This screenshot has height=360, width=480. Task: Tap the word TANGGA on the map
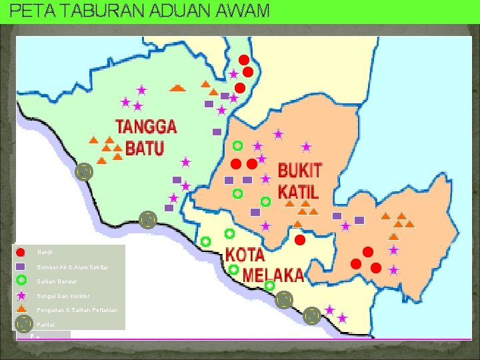coord(145,127)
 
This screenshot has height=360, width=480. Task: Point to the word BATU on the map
coord(145,147)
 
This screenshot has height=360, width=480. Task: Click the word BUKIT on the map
coord(299,171)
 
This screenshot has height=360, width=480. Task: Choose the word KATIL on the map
coord(298,192)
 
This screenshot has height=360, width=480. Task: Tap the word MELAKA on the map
coord(273,275)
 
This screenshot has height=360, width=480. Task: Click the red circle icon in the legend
coord(21,252)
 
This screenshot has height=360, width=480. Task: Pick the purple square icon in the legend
coord(21,266)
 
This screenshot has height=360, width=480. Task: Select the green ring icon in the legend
coord(21,280)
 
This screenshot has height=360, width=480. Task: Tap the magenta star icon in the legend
coord(21,295)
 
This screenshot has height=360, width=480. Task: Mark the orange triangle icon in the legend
coord(21,309)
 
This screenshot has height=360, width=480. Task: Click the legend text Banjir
coord(45,252)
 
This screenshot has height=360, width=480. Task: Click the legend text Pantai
coord(46,325)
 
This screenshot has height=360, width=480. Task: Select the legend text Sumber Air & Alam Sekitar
coord(73,267)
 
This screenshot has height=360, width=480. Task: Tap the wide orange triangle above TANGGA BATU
coord(177,87)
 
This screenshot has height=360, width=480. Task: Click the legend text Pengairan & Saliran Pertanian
coord(77,311)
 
